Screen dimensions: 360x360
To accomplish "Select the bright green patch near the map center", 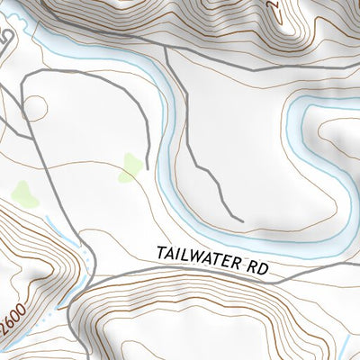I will (131, 166).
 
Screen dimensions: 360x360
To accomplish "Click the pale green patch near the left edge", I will (24, 194).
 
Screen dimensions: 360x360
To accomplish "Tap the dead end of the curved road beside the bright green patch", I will (144, 148).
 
